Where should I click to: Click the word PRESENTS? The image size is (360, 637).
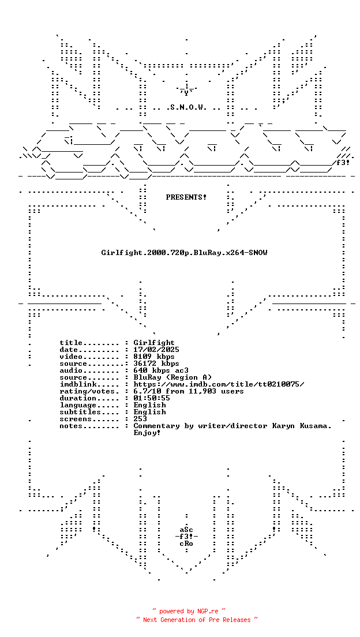tap(186, 197)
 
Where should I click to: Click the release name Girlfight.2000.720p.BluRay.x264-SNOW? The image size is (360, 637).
tap(184, 253)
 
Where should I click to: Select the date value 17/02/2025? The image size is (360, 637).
tap(156, 350)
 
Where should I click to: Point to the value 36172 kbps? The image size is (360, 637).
tap(156, 363)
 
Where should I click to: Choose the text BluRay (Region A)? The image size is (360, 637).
tap(172, 377)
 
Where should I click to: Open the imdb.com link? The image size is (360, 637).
tap(219, 384)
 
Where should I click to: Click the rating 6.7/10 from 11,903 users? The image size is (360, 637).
tap(189, 391)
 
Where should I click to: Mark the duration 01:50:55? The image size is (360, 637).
tap(152, 398)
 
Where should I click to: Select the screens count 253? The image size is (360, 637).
tap(140, 419)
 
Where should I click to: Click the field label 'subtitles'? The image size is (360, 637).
tap(80, 412)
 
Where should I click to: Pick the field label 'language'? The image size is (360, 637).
tap(78, 405)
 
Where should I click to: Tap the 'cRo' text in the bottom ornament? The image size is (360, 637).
tap(186, 544)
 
